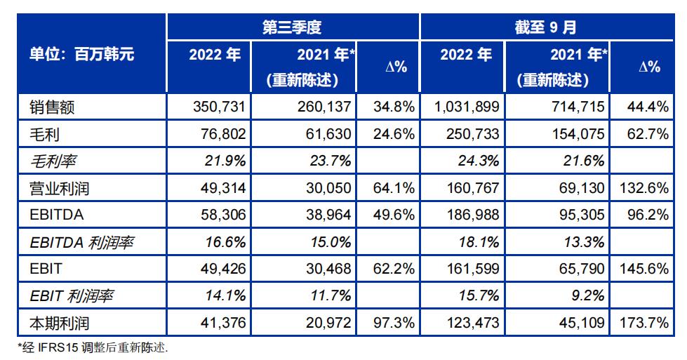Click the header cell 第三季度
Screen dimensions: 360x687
[x=292, y=27]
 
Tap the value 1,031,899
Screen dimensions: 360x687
[x=468, y=107]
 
